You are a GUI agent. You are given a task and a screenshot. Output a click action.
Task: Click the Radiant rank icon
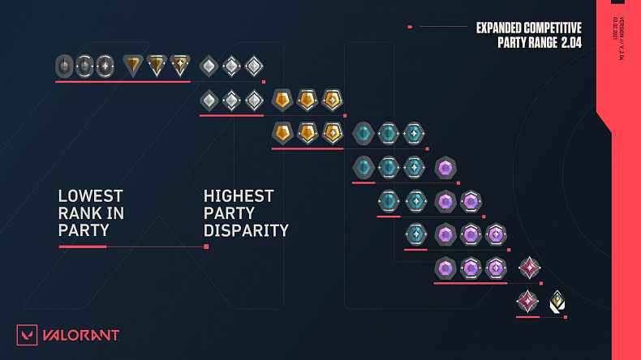(x=557, y=302)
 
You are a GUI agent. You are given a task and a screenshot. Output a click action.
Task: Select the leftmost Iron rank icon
(x=64, y=66)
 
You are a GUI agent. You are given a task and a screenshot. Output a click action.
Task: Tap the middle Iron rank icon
(x=84, y=66)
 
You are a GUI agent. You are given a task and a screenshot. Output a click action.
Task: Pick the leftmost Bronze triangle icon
(x=132, y=65)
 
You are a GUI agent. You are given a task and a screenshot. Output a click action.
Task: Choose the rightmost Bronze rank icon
(x=180, y=65)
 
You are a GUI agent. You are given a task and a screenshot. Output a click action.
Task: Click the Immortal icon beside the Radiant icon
(x=528, y=302)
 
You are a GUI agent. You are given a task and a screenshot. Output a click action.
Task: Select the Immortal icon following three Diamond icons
(x=529, y=268)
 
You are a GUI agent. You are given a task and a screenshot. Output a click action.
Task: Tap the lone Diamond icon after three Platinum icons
(x=445, y=168)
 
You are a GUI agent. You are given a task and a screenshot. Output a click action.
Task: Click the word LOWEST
(x=90, y=196)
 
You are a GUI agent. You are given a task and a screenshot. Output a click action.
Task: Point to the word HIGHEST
(x=239, y=196)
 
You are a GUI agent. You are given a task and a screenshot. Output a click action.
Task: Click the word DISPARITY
(x=246, y=230)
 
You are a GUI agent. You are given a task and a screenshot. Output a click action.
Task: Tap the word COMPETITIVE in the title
(x=558, y=28)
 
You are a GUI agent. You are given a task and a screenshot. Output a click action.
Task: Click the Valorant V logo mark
(x=28, y=336)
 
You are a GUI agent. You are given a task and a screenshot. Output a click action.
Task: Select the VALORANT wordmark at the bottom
(x=81, y=336)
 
